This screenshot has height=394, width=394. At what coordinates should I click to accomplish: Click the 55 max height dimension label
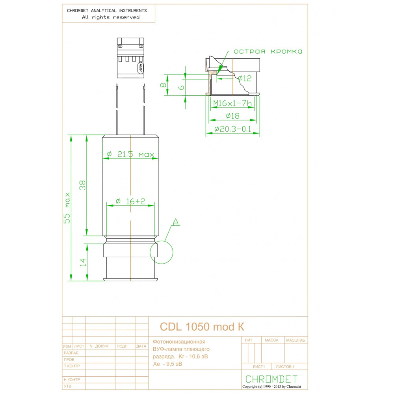click(67, 208)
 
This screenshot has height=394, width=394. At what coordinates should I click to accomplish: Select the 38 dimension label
click(82, 185)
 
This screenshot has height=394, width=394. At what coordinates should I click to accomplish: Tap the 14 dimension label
click(83, 262)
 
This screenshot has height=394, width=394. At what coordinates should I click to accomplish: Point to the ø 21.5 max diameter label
click(130, 154)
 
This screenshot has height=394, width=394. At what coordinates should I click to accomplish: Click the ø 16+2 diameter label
click(130, 201)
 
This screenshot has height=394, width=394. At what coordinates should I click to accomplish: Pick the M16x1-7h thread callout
click(232, 103)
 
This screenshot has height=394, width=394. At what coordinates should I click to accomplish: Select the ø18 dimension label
click(233, 116)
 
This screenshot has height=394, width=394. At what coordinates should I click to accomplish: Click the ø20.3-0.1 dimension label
click(233, 129)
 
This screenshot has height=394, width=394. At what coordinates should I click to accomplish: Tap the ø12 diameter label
click(245, 78)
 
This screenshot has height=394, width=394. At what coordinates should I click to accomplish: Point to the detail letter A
click(176, 222)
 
